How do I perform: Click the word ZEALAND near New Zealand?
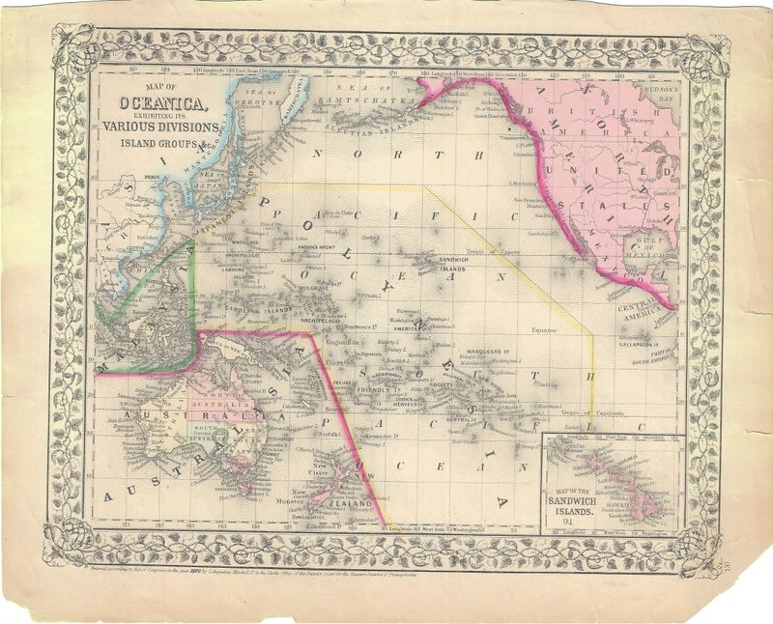[x=351, y=504]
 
